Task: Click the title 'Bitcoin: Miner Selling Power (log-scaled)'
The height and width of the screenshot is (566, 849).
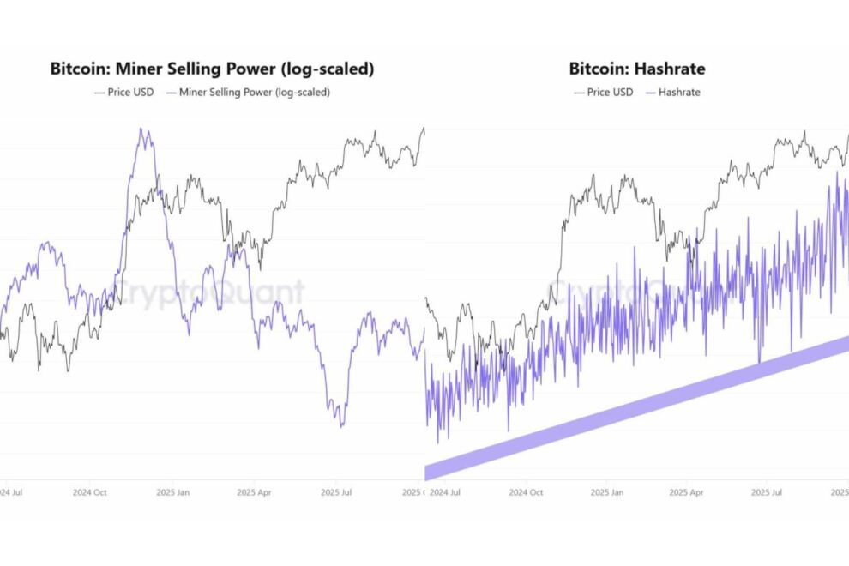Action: [212, 69]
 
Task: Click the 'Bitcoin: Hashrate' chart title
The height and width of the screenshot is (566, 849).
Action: [637, 69]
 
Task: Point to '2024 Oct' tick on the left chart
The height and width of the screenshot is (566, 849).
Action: [90, 492]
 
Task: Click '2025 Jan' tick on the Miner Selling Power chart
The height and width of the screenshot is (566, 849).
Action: [173, 492]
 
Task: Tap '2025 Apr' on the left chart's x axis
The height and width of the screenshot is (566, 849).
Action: [255, 492]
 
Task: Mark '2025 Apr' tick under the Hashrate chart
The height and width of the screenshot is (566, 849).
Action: [686, 492]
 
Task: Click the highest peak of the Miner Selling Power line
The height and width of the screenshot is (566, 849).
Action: [142, 129]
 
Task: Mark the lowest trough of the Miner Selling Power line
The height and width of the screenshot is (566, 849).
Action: [342, 425]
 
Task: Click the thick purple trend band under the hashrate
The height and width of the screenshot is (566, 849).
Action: [635, 407]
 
